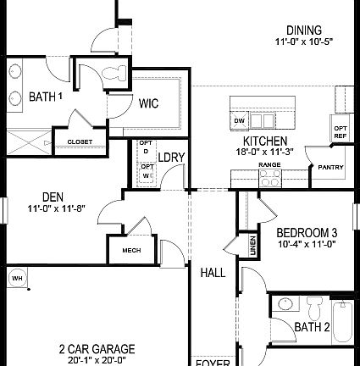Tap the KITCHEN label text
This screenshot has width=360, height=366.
pos(264,141)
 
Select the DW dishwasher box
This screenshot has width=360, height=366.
pos(239,120)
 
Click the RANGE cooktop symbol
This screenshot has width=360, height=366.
pos(270,177)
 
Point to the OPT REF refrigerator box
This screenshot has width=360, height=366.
pos(340,132)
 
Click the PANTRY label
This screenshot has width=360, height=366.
pos(330,167)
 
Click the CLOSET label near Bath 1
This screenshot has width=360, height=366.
pos(80,141)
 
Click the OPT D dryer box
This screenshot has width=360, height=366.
pos(145,147)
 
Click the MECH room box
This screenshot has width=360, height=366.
pos(131,250)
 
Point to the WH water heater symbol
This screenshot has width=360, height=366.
pos(16,278)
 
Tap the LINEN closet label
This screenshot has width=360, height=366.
pos(252,246)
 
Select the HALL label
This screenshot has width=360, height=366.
pos(213,273)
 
